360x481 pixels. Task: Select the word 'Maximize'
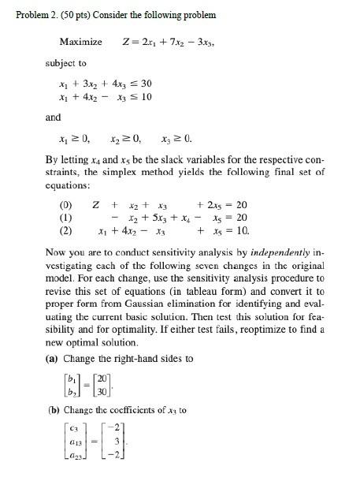[x=80, y=41]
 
